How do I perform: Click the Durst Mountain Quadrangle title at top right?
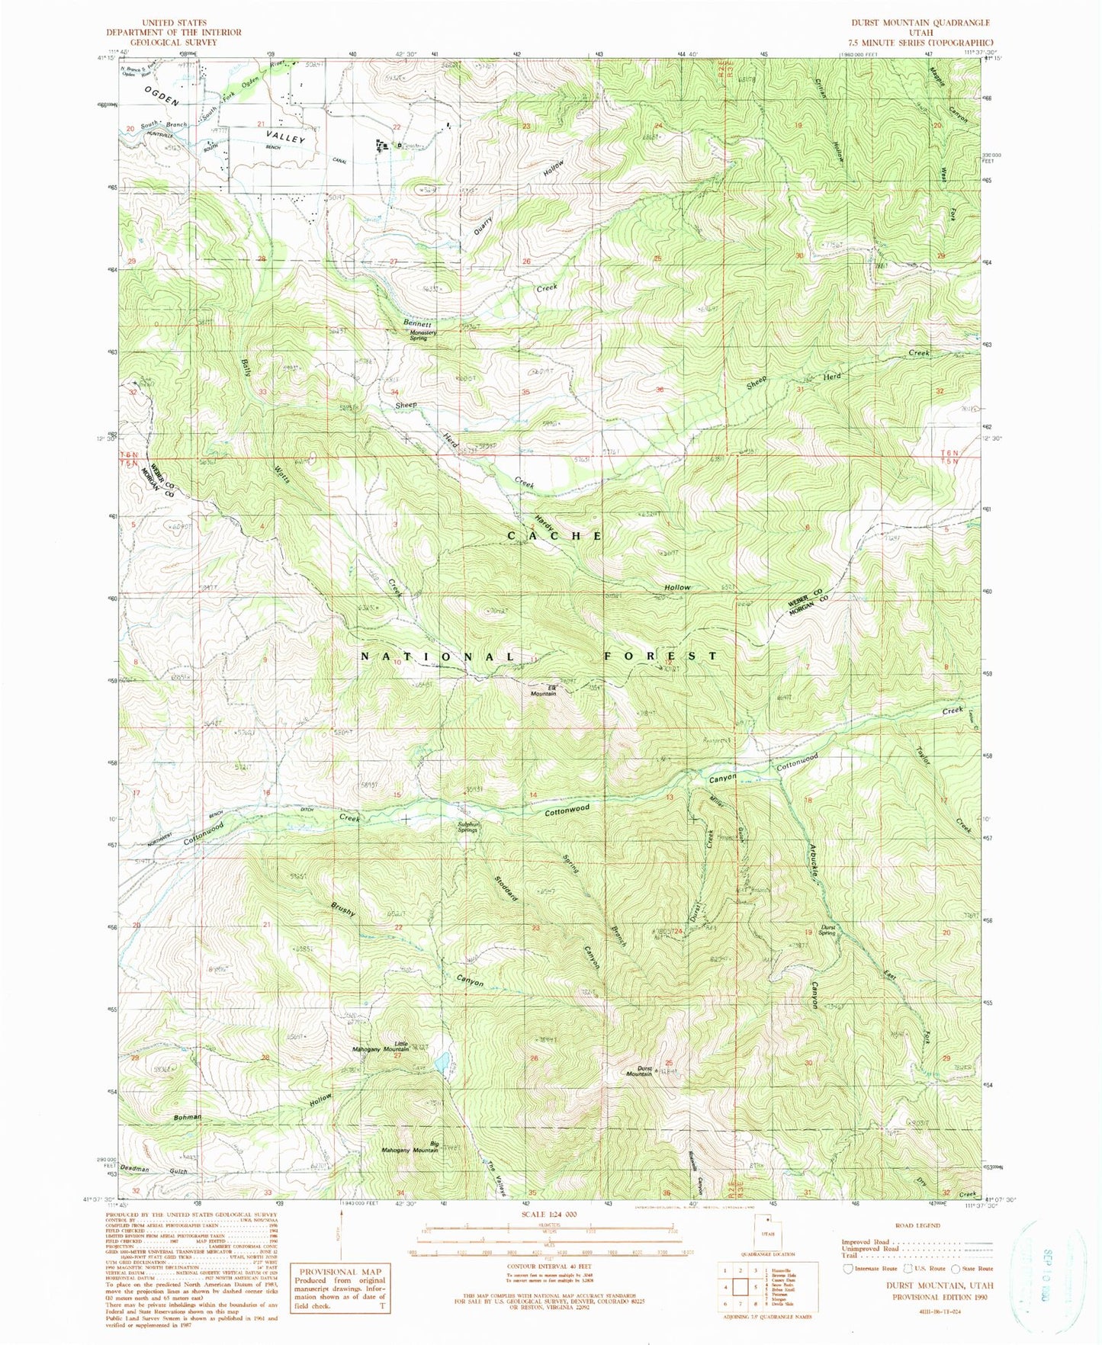pyautogui.click(x=920, y=24)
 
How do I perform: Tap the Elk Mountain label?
pyautogui.click(x=543, y=691)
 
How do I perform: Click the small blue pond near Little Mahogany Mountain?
pyautogui.click(x=442, y=1062)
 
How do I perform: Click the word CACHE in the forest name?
pyautogui.click(x=555, y=536)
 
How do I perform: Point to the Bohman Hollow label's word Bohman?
pyautogui.click(x=187, y=1117)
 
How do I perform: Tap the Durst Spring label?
pyautogui.click(x=828, y=930)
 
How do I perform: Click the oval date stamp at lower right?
pyautogui.click(x=1048, y=1279)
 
